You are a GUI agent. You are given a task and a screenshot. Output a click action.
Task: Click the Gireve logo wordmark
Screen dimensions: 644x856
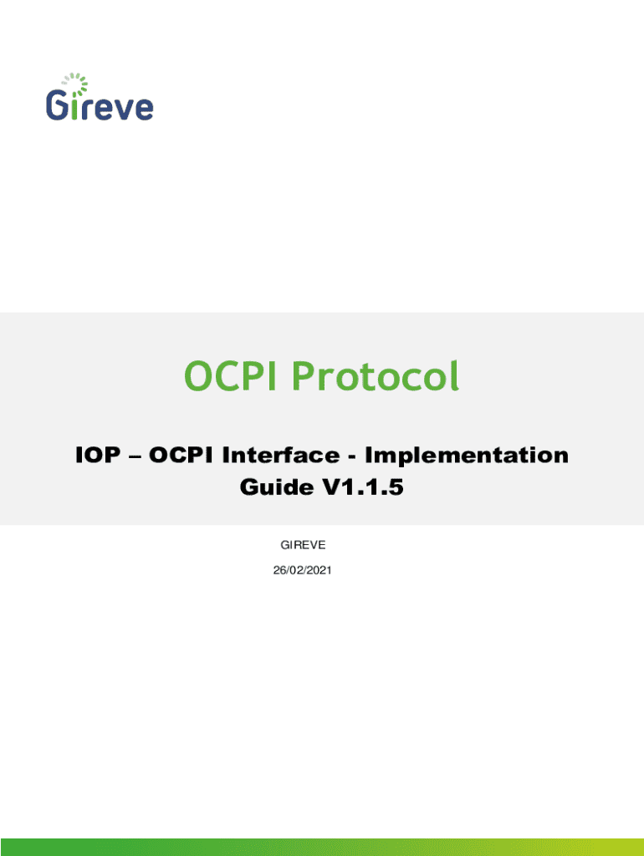[100, 104]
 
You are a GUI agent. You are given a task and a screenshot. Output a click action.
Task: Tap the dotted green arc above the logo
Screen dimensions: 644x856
[76, 83]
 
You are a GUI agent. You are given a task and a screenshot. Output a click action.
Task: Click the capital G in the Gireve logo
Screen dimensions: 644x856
[56, 104]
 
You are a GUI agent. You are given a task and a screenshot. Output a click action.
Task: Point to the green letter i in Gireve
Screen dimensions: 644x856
[74, 106]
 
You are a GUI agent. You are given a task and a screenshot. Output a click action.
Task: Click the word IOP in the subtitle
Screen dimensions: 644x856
[98, 455]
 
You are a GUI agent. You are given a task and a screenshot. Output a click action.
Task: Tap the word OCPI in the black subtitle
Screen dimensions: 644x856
[181, 455]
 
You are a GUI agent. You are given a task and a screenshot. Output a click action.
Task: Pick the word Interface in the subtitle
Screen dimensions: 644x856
[281, 455]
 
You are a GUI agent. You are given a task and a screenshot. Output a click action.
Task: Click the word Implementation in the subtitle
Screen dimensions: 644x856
[467, 455]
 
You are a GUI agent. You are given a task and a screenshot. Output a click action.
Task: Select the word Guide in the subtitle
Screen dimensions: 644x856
[276, 487]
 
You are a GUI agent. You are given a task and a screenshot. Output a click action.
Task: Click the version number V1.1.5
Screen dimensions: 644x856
[363, 487]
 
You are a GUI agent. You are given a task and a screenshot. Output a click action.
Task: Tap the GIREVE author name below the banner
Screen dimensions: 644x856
[303, 545]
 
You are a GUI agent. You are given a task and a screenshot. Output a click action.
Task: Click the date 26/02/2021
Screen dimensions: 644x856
[302, 570]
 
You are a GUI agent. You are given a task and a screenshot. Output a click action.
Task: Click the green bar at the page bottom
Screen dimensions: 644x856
[322, 848]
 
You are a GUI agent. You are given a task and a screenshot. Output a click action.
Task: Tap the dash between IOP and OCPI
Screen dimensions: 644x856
[135, 456]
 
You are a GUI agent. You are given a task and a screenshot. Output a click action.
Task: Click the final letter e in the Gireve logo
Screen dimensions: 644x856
[144, 109]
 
